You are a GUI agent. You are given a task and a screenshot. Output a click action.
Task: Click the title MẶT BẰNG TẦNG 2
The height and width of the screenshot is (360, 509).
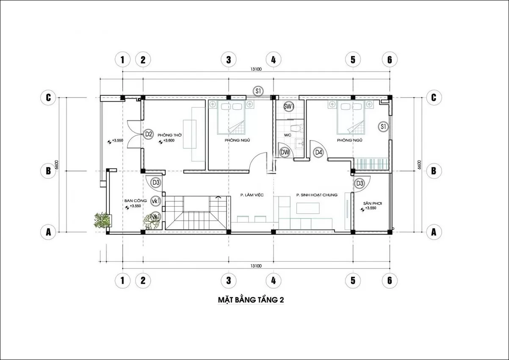[x=251, y=300]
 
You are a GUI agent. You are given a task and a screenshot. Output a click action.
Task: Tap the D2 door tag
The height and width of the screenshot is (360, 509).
[x=148, y=134]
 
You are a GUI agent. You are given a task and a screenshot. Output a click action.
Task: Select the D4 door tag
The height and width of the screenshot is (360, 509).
[x=318, y=152]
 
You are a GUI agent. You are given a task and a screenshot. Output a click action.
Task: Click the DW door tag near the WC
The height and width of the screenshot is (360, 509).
[x=285, y=152]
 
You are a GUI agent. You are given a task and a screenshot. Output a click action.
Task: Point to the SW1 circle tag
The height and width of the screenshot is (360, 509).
[x=289, y=106]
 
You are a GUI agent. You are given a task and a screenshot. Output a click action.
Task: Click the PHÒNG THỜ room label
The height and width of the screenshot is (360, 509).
[x=170, y=135]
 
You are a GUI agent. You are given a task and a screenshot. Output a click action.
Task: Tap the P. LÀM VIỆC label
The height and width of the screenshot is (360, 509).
[x=252, y=195]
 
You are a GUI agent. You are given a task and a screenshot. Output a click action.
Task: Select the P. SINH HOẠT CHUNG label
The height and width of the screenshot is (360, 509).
[x=317, y=195]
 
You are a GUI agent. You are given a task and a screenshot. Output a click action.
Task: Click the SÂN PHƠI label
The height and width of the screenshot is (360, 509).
[x=372, y=203]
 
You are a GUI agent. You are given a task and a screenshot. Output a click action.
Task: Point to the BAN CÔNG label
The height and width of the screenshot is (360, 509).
[x=136, y=201]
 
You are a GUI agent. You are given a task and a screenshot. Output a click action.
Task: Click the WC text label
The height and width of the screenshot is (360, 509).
[x=288, y=135]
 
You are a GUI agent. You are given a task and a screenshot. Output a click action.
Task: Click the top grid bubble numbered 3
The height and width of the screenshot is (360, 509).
[x=229, y=60]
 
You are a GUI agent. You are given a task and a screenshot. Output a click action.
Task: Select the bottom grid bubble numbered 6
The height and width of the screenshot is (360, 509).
[x=390, y=280]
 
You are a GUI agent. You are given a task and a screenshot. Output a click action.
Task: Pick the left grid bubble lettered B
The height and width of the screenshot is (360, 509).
[x=48, y=171]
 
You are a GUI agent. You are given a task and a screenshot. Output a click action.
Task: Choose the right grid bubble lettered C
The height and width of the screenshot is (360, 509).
[x=434, y=97]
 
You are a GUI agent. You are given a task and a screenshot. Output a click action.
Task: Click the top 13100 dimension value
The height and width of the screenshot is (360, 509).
[x=256, y=69]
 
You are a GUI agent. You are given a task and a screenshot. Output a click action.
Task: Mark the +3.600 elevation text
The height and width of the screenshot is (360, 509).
[x=169, y=141]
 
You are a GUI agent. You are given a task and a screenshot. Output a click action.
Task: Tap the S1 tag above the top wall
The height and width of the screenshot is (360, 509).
[x=258, y=91]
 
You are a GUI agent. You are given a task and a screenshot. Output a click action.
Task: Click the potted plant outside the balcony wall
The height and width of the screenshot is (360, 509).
[x=102, y=220]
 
